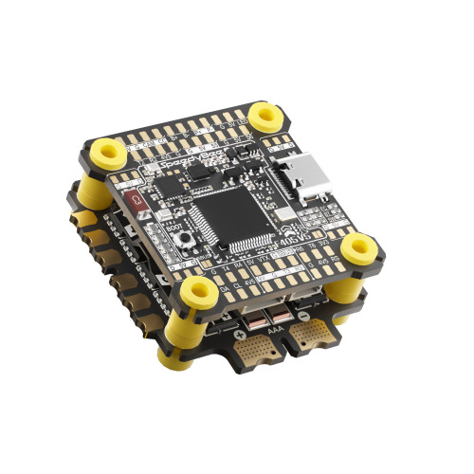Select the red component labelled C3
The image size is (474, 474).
pyautogui.click(x=136, y=200)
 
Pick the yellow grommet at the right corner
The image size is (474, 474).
pyautogui.click(x=359, y=248)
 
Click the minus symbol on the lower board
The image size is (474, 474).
pyautogui.click(x=303, y=316)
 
